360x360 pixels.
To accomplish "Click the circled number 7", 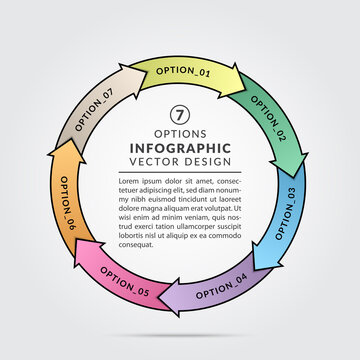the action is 180,115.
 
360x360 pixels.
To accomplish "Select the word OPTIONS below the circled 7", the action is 180,133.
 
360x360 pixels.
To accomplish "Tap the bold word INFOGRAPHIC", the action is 180,148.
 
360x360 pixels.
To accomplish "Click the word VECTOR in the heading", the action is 154,163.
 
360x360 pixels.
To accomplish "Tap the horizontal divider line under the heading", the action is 180,173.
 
